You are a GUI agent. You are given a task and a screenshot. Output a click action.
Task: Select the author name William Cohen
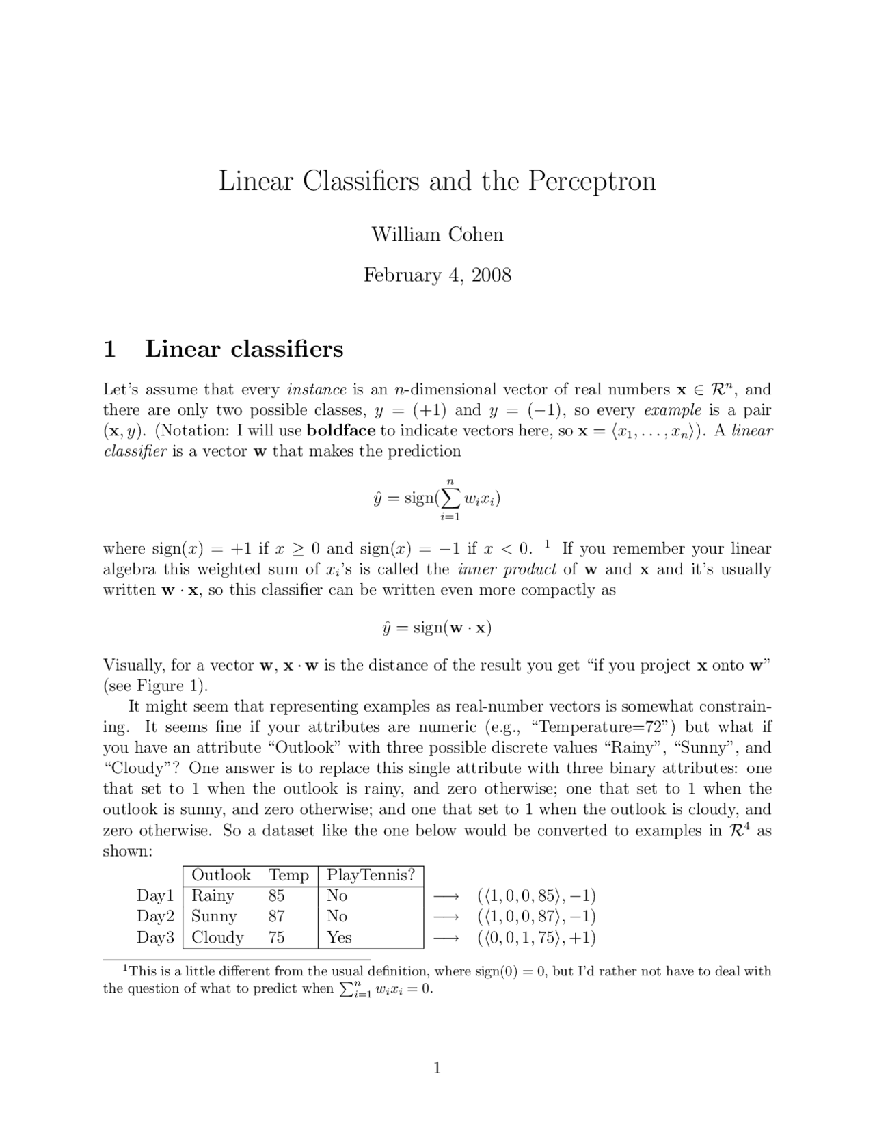pyautogui.click(x=437, y=234)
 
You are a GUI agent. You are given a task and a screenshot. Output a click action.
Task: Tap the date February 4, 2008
pyautogui.click(x=437, y=275)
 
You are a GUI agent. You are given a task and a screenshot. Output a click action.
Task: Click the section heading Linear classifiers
pyautogui.click(x=244, y=349)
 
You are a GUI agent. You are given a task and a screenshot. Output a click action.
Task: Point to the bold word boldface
pyautogui.click(x=341, y=431)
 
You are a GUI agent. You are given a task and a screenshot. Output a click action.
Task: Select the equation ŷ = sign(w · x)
pyautogui.click(x=437, y=627)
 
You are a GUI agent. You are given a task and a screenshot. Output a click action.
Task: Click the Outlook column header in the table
pyautogui.click(x=221, y=875)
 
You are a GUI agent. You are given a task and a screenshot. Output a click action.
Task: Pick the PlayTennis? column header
pyautogui.click(x=371, y=875)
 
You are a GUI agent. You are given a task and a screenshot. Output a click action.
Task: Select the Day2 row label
pyautogui.click(x=156, y=916)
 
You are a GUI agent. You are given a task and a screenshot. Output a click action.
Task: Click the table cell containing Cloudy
pyautogui.click(x=217, y=937)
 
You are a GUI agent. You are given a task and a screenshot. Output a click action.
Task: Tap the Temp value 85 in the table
pyautogui.click(x=277, y=895)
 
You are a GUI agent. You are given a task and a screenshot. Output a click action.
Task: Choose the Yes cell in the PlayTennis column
pyautogui.click(x=339, y=937)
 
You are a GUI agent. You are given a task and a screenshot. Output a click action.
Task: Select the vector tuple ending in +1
pyautogui.click(x=536, y=937)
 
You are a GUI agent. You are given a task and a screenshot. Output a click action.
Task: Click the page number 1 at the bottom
pyautogui.click(x=437, y=1068)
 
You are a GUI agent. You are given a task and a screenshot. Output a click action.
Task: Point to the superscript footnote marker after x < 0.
pyautogui.click(x=547, y=544)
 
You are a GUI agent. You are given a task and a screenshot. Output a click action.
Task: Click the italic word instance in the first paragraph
pyautogui.click(x=317, y=390)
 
